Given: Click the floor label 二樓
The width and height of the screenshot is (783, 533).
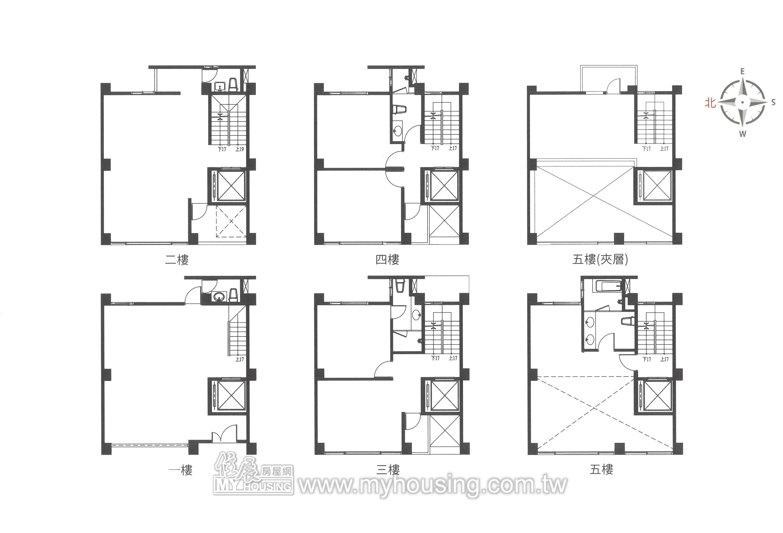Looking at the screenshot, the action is coord(177,260).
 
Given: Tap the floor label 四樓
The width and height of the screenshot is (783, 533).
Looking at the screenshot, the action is coord(387,260).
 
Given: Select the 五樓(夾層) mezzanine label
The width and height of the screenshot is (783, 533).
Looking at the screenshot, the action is coord(600,260).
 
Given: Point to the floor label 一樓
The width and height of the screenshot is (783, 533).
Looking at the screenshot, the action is coord(180,470).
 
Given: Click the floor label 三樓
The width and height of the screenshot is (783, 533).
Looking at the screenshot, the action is coord(388,470).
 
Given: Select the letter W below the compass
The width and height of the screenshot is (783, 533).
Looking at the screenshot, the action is coord(743,134).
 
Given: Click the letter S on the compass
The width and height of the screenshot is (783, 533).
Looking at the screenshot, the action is coord(773,102).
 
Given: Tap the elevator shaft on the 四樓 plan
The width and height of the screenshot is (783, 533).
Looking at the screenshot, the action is coord(444,186).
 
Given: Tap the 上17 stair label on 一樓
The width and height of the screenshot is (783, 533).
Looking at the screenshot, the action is coord(239,359).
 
